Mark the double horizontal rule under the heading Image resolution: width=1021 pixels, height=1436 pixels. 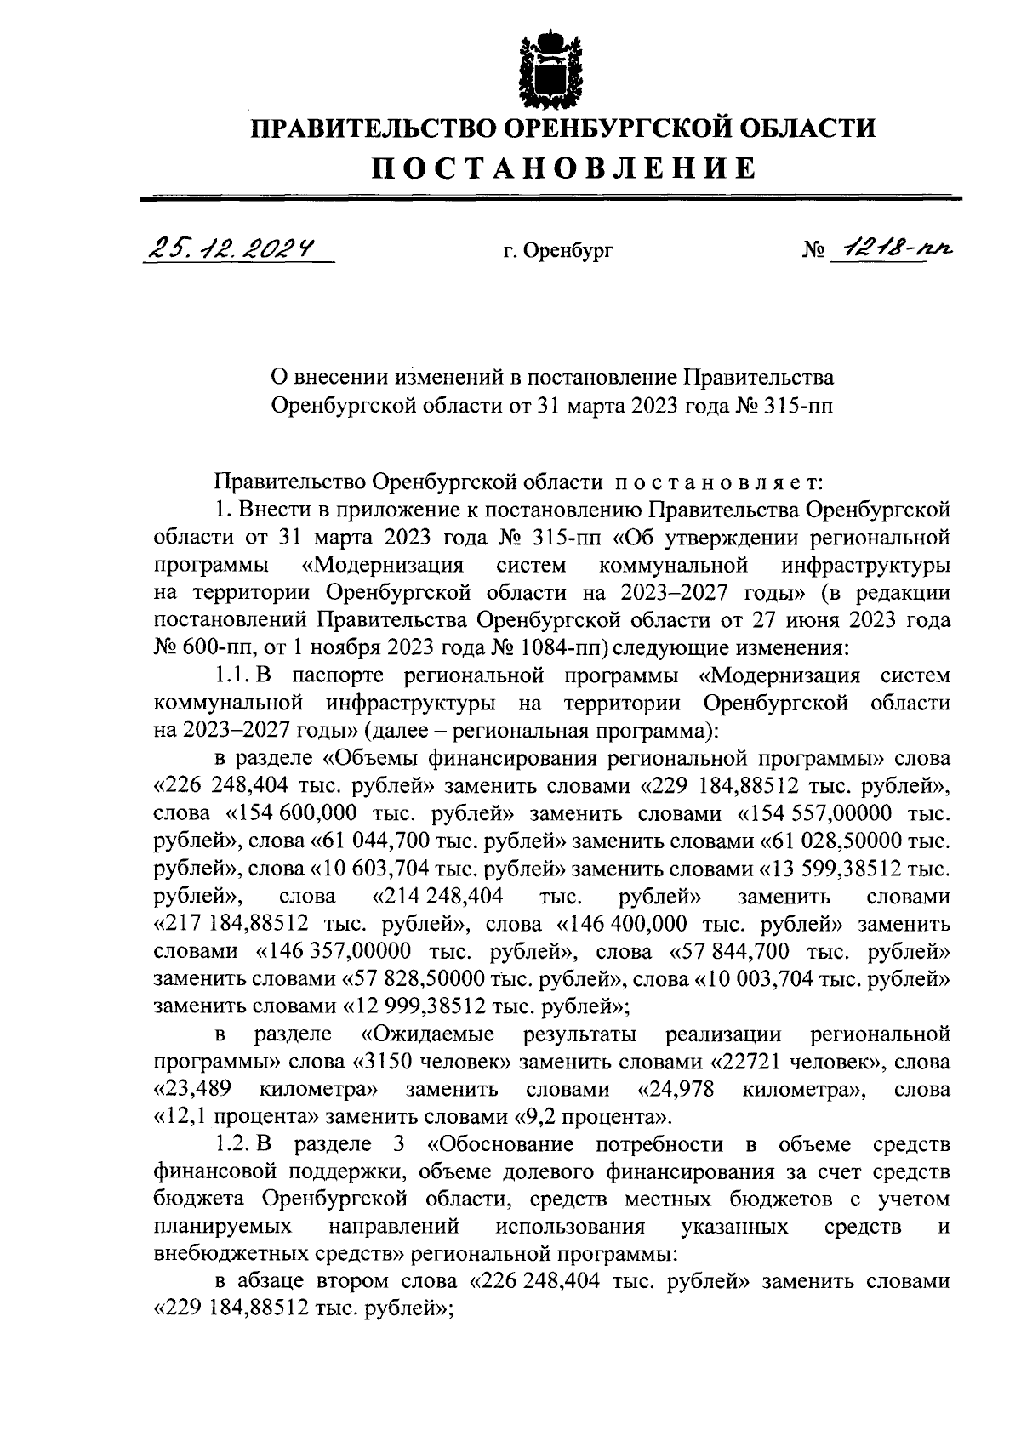click(550, 198)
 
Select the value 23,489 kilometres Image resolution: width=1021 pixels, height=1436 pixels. click(198, 1090)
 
